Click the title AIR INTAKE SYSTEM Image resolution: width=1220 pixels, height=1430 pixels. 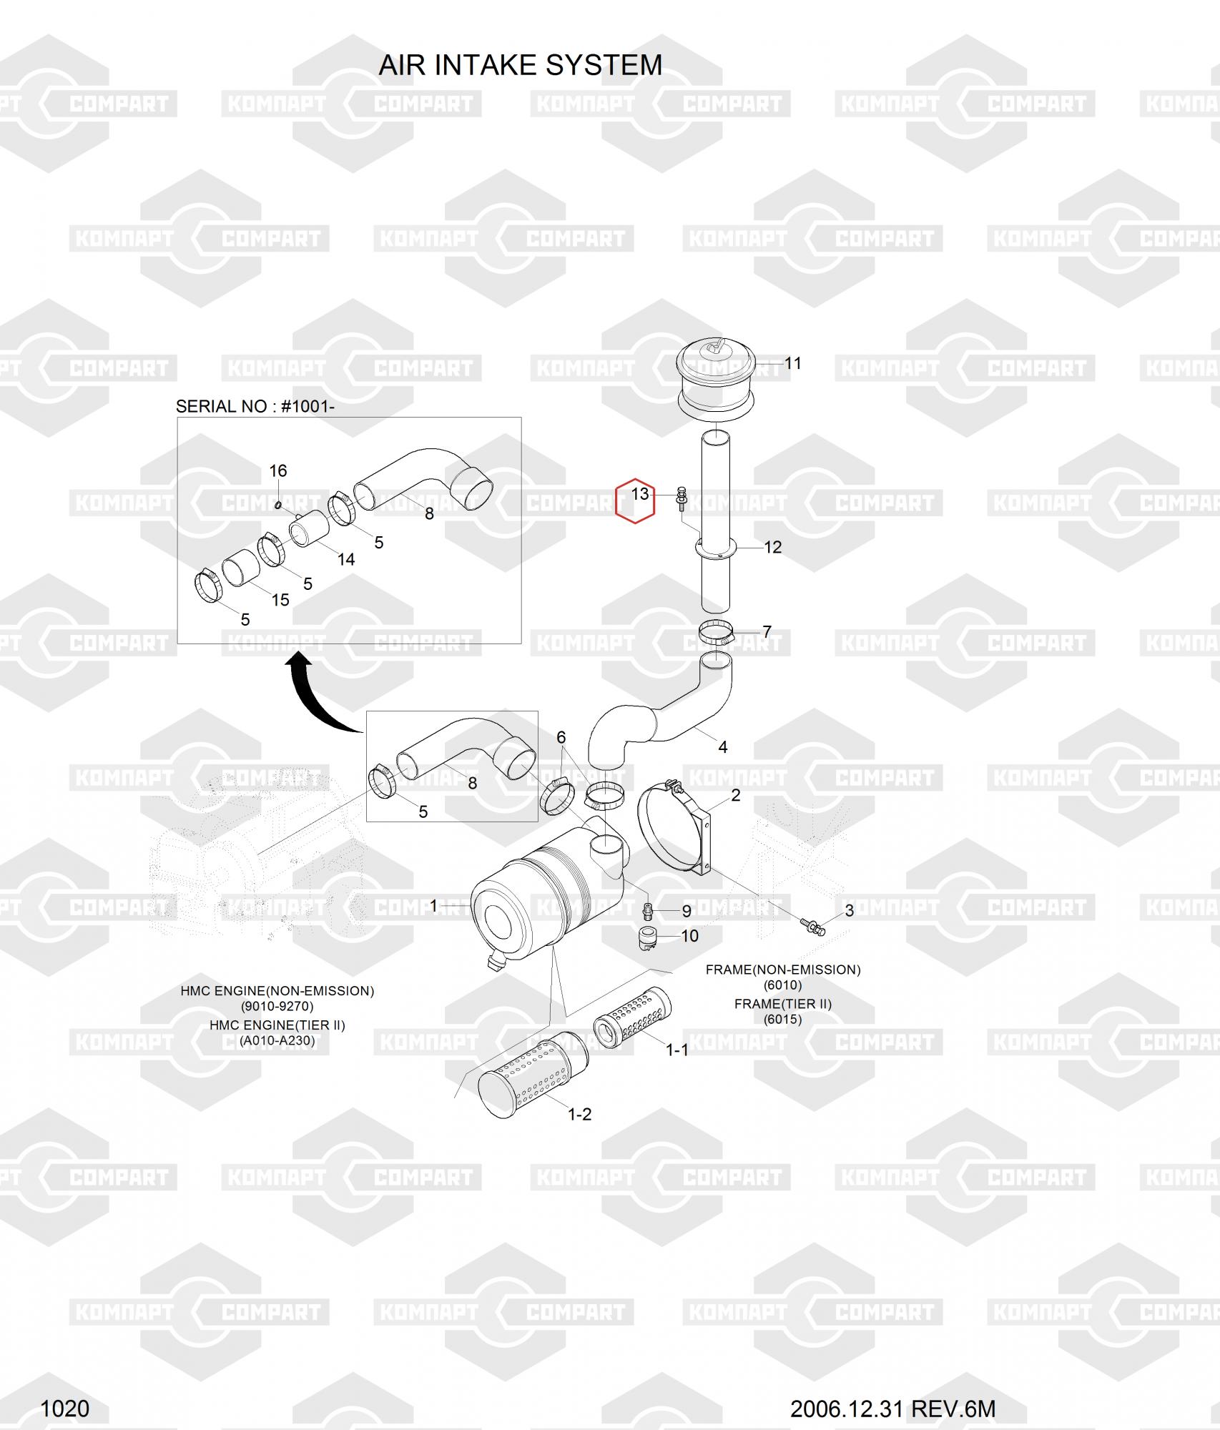[520, 65]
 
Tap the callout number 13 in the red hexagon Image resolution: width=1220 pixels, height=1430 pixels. [639, 493]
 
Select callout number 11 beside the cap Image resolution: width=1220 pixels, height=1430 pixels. [792, 363]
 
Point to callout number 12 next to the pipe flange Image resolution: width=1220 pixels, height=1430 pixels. [772, 547]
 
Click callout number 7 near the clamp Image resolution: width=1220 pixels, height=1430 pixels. [767, 632]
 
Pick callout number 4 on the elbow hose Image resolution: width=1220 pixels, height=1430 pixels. [723, 747]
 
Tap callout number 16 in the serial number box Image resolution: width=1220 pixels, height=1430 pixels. [277, 470]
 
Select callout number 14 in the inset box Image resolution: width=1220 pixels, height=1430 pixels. [346, 559]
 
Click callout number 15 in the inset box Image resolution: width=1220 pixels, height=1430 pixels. [280, 600]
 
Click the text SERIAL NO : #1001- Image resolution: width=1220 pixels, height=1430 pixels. [255, 406]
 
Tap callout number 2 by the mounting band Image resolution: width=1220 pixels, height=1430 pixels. [735, 795]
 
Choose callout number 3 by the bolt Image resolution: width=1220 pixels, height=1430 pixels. [849, 910]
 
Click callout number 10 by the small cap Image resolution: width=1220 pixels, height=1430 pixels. [689, 936]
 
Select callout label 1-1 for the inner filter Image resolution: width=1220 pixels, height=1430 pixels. [677, 1050]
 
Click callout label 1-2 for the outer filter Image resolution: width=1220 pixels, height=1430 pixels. [579, 1114]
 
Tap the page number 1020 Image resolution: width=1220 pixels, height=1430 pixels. [64, 1408]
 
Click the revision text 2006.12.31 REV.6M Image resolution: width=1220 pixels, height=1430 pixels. [892, 1408]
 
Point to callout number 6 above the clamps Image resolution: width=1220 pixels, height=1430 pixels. [561, 737]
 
